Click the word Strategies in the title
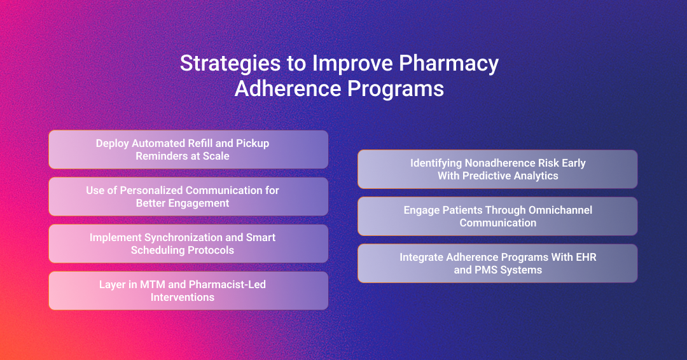click(x=230, y=64)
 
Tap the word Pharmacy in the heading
click(x=448, y=64)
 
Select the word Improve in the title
click(x=352, y=64)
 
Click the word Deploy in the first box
click(x=112, y=144)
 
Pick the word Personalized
click(x=151, y=191)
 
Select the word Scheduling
click(x=156, y=250)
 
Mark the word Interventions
click(x=183, y=297)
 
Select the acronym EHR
click(x=586, y=257)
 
